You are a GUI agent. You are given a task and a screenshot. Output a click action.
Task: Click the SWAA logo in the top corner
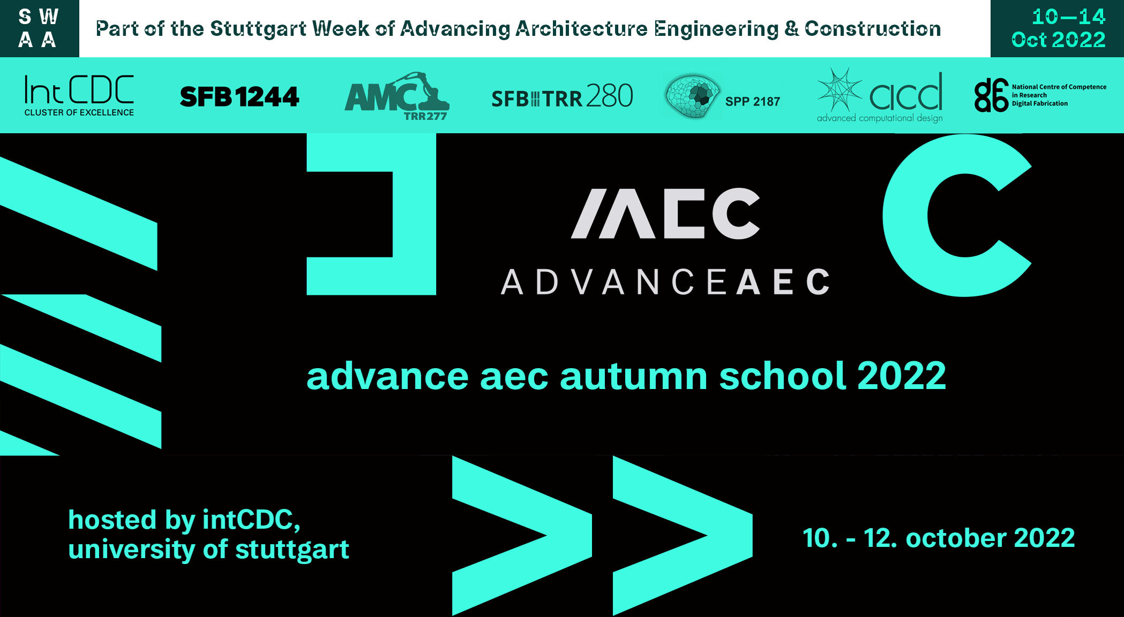tap(38, 28)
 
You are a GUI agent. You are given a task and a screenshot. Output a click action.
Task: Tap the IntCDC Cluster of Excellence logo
tap(79, 95)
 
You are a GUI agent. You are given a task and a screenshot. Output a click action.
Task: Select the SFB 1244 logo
tap(239, 97)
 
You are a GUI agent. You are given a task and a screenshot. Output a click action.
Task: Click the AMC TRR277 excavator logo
tap(397, 96)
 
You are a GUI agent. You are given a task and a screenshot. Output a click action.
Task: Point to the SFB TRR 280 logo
tap(562, 96)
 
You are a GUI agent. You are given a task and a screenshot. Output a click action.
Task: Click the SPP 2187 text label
tap(753, 101)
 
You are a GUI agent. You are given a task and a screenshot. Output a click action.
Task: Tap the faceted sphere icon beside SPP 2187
tap(692, 96)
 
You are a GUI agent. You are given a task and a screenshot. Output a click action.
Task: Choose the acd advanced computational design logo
tap(880, 96)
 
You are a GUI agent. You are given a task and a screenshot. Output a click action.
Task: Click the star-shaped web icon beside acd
tap(839, 89)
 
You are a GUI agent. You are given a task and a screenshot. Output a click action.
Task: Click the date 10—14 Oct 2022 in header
tap(1058, 28)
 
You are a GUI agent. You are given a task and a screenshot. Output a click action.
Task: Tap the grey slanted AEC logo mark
tap(665, 213)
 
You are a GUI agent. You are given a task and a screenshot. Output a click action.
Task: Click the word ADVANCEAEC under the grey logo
tap(665, 282)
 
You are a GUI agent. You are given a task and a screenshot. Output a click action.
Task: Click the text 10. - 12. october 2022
tap(939, 538)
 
